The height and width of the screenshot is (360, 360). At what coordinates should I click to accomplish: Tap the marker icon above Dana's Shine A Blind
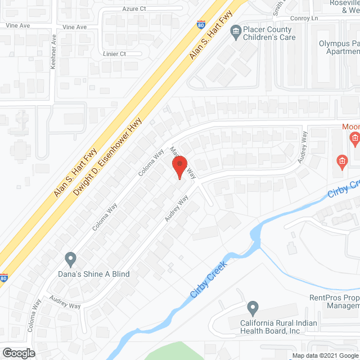tap(70, 259)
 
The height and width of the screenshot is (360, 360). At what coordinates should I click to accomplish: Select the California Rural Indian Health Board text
tap(278, 327)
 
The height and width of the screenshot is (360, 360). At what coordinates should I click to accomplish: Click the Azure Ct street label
tap(134, 9)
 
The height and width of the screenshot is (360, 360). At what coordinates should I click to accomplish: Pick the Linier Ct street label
tap(115, 53)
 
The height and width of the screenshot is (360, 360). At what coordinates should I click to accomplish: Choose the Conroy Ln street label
tap(304, 18)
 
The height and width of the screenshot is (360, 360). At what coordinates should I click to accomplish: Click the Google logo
tap(18, 353)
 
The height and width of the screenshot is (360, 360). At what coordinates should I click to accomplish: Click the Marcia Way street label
tap(183, 161)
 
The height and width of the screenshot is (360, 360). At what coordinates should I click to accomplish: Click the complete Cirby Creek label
tap(208, 280)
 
